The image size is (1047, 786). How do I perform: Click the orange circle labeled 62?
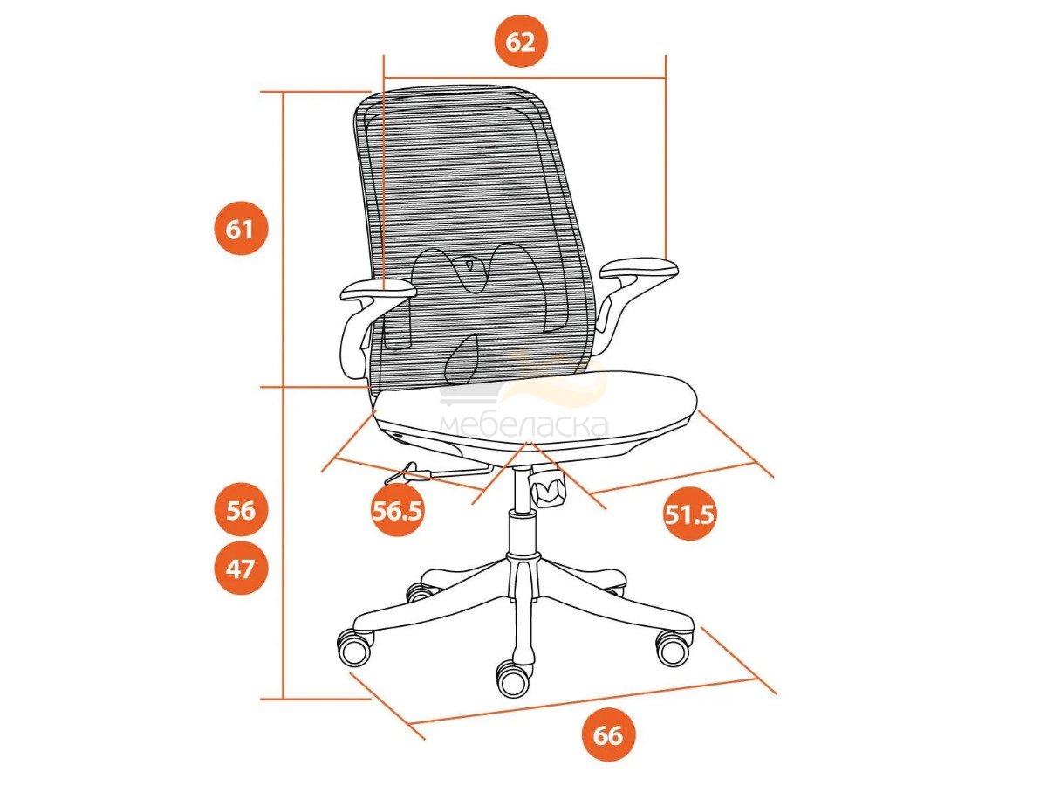tap(520, 42)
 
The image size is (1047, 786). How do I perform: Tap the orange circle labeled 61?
tap(241, 229)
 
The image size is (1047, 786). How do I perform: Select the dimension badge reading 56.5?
tap(397, 510)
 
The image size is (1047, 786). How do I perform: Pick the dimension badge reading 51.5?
tap(690, 514)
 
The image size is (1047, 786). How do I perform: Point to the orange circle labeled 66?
tap(609, 735)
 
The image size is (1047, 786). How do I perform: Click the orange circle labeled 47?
tap(241, 568)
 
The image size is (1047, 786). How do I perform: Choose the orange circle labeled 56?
tap(241, 510)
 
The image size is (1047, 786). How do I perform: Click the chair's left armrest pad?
tap(378, 290)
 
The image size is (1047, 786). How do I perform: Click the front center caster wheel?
tap(513, 679)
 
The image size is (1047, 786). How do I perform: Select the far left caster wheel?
tap(354, 647)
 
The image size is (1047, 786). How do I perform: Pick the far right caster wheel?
tap(674, 648)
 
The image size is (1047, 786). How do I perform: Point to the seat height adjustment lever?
tap(436, 472)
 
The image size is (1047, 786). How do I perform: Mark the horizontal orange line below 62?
tap(524, 78)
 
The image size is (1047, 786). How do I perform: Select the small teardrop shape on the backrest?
tap(469, 264)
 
